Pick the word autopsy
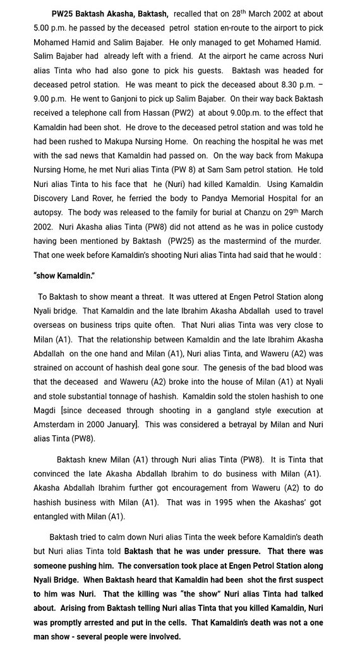[49, 212]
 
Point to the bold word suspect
[309, 579]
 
